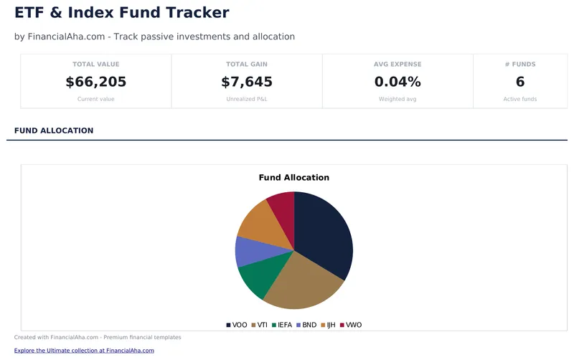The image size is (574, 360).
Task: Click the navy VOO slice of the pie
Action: click(323, 233)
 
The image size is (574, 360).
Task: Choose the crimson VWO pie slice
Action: click(282, 207)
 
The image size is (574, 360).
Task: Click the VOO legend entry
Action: click(236, 325)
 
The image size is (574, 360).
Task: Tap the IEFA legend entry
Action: click(282, 325)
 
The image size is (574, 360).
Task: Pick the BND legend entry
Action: click(306, 325)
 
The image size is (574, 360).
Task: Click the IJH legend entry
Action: click(328, 325)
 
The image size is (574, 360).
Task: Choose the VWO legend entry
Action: click(351, 325)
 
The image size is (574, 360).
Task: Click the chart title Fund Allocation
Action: click(293, 177)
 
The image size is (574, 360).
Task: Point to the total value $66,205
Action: click(95, 82)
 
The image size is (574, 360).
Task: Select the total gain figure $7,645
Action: click(246, 82)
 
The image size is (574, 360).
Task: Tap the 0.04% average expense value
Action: click(397, 82)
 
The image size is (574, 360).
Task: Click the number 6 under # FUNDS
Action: click(519, 82)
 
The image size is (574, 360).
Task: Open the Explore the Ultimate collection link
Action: click(84, 351)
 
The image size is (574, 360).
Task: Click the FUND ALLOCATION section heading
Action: click(54, 131)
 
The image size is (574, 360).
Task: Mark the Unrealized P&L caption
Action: click(246, 99)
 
